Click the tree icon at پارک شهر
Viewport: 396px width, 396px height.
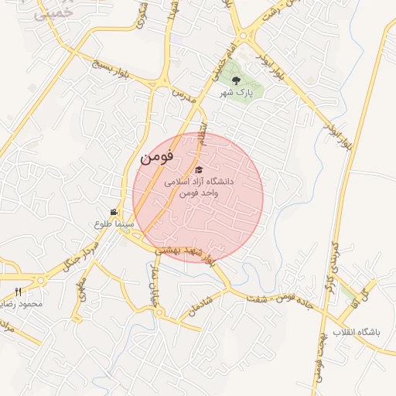click(x=236, y=80)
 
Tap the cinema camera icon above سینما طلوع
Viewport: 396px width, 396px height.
click(x=114, y=213)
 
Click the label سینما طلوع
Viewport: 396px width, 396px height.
click(x=114, y=224)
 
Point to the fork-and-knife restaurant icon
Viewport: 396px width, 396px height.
click(x=19, y=292)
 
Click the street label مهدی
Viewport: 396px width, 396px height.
click(x=80, y=292)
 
